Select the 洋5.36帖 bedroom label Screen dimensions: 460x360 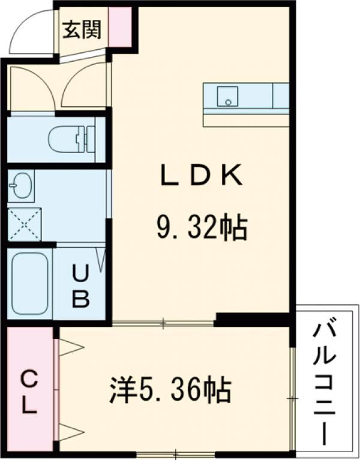170,390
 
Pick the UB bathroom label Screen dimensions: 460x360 81,287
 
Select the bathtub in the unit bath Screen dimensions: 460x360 30,284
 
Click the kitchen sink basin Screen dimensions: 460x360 227,97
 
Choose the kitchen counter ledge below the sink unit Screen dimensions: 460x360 245,119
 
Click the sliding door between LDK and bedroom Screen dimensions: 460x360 163,324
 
